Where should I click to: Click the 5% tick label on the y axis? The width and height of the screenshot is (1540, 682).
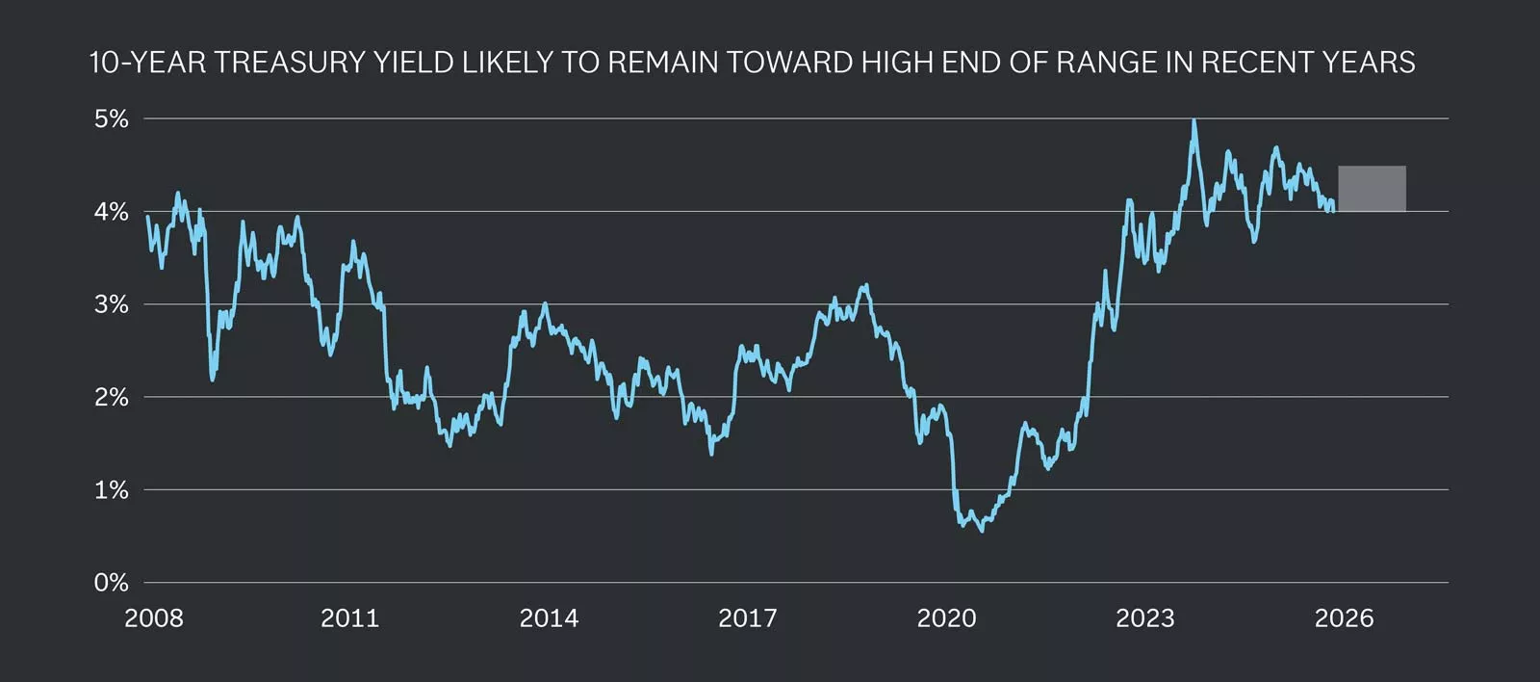111,118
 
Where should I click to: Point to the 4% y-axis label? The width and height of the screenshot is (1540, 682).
111,212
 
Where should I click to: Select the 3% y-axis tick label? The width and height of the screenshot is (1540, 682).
111,304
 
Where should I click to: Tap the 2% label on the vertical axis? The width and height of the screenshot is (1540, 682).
111,397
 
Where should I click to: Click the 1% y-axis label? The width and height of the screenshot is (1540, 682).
111,490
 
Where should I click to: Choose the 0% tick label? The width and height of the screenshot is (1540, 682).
111,583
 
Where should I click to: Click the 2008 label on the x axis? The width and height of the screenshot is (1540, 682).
154,618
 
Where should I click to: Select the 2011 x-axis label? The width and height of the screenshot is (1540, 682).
350,618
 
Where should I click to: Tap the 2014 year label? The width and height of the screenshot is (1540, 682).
549,618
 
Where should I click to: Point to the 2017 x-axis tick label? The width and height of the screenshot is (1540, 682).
748,618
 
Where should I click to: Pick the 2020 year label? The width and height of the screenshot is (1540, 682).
946,618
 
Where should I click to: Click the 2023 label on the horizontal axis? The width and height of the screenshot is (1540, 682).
1145,618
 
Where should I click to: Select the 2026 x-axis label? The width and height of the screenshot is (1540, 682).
1344,618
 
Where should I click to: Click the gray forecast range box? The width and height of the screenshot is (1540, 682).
1372,189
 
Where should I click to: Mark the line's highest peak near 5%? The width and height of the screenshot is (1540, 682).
1193,121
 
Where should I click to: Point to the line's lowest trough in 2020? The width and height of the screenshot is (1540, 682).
981,530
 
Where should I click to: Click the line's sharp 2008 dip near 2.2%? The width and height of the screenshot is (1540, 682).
212,379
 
